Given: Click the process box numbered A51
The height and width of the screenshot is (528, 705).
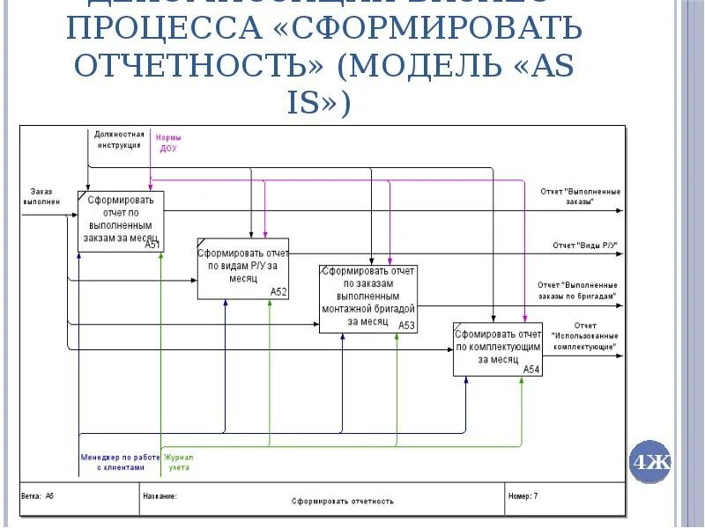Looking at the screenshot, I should (121, 220).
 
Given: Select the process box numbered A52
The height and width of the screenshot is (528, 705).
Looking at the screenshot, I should (242, 268).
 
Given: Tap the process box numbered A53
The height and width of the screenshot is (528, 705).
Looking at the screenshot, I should (367, 298).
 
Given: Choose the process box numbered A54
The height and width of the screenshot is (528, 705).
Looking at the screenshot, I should (498, 348).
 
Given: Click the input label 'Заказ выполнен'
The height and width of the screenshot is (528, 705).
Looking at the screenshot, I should (41, 196).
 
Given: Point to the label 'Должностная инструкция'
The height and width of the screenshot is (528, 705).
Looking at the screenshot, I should (119, 139).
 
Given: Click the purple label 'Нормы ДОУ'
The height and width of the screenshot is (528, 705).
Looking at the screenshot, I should (168, 143).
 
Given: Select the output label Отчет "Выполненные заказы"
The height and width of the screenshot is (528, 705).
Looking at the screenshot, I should (580, 195).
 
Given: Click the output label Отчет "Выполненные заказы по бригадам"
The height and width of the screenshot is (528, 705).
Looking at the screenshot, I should (578, 290).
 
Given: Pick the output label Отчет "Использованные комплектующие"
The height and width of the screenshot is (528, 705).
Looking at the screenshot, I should (583, 336).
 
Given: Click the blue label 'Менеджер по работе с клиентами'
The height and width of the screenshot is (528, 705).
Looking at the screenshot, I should (119, 463).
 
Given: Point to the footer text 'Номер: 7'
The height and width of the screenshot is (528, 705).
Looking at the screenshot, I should (523, 496).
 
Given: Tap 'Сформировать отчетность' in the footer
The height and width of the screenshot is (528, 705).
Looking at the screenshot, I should (342, 501).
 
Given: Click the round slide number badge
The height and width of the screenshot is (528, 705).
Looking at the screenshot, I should (649, 462).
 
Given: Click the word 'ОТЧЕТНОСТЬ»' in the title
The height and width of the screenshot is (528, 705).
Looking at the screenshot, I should (199, 66).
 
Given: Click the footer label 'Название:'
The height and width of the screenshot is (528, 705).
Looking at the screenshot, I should (160, 496).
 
